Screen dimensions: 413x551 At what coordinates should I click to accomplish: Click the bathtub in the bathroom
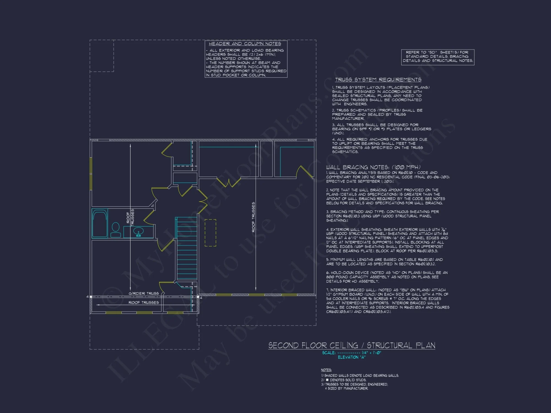click(100, 223)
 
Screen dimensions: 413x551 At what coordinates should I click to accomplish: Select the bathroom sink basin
click(138, 232)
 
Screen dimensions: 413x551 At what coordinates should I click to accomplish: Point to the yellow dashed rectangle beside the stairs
click(210, 233)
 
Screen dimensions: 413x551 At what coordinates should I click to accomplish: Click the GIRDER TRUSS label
click(144, 294)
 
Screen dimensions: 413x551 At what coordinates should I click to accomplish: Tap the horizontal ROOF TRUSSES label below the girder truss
click(144, 303)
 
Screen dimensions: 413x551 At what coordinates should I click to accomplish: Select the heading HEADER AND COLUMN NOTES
click(245, 44)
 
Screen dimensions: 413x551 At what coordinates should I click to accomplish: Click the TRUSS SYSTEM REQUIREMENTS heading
click(378, 80)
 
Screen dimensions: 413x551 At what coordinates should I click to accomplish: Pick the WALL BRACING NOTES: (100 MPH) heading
click(373, 167)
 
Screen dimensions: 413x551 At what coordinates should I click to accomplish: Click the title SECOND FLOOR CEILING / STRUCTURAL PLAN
click(352, 346)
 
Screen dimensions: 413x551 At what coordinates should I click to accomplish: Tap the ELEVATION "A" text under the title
click(352, 357)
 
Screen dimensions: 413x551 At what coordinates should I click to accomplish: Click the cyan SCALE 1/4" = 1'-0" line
click(352, 353)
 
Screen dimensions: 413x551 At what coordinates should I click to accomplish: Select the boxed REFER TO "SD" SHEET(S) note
click(437, 57)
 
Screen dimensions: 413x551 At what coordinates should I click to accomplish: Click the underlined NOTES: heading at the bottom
click(326, 370)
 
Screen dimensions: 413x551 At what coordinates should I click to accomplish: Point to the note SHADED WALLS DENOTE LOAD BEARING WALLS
click(360, 376)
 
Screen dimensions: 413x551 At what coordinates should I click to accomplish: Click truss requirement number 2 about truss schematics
click(377, 114)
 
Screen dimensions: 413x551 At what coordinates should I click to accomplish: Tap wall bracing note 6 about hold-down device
click(387, 277)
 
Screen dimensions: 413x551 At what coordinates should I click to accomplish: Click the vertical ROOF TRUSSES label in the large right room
click(253, 217)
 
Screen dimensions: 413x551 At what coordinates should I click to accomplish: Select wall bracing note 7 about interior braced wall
click(388, 301)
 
